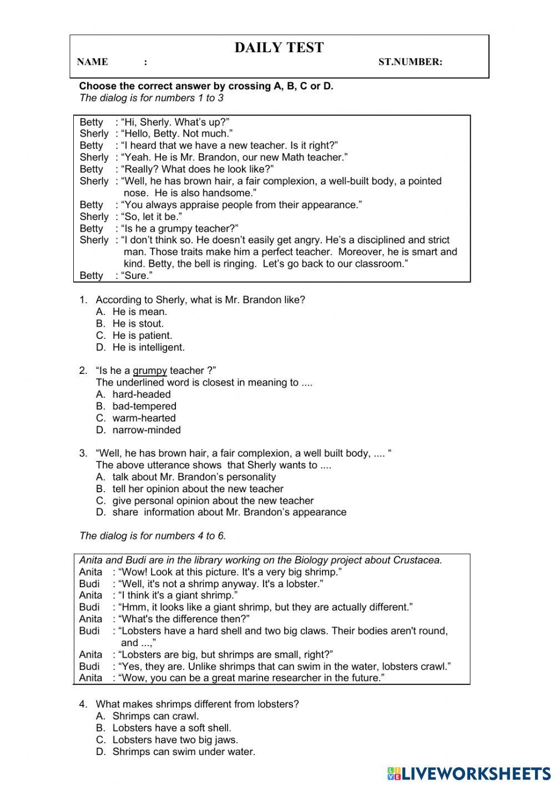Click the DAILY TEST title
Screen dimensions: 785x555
[x=279, y=48]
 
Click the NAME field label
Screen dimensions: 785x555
[x=93, y=62]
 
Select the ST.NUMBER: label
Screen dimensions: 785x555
[x=410, y=62]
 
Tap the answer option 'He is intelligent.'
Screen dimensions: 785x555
[x=148, y=347]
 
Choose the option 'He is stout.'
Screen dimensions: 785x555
[x=138, y=323]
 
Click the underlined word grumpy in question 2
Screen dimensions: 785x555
[x=150, y=371]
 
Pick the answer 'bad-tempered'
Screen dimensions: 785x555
[x=144, y=406]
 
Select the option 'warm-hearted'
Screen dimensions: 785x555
[x=144, y=418]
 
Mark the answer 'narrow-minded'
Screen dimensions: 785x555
[x=147, y=430]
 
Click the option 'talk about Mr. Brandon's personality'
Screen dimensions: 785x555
[x=194, y=477]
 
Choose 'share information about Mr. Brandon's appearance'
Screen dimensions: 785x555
[x=229, y=512]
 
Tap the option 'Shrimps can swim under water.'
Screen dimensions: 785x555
[x=184, y=752]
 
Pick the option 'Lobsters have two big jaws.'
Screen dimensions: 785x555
[x=175, y=739]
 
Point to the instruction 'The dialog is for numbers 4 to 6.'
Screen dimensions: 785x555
[x=153, y=536]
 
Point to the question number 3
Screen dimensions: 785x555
[x=83, y=453]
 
